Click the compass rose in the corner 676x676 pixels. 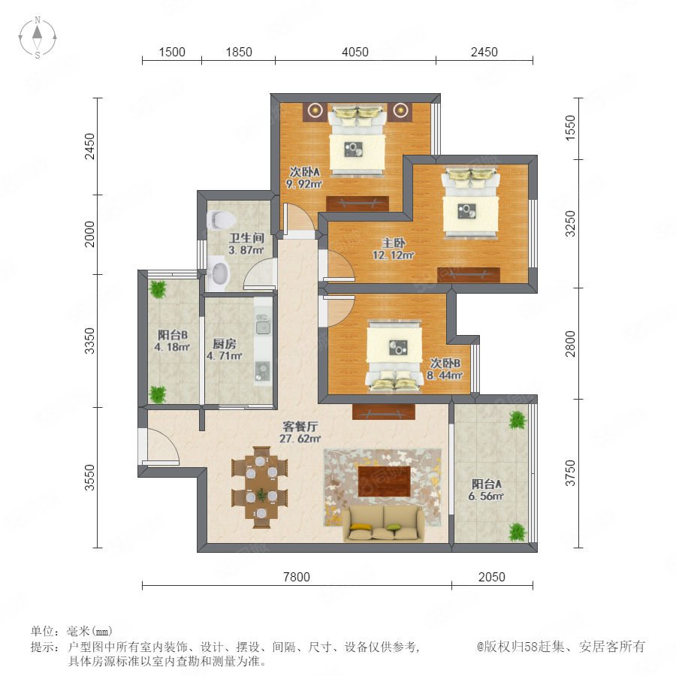click(38, 38)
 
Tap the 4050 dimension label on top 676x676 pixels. click(355, 52)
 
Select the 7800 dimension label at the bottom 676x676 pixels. click(296, 577)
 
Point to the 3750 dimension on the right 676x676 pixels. click(570, 473)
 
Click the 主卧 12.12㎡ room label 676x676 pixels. click(393, 249)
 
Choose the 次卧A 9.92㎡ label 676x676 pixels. click(304, 178)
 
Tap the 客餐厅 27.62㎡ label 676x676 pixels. click(300, 433)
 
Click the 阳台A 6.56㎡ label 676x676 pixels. click(486, 490)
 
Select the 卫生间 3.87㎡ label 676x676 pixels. click(246, 243)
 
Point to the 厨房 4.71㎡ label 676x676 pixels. click(224, 349)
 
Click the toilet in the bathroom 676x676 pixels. click(221, 220)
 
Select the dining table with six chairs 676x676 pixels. click(260, 487)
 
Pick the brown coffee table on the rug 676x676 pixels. click(383, 481)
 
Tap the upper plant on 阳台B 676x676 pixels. click(158, 289)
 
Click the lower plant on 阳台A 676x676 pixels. click(517, 532)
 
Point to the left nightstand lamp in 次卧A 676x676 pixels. click(315, 111)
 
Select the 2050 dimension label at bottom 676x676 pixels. click(491, 577)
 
